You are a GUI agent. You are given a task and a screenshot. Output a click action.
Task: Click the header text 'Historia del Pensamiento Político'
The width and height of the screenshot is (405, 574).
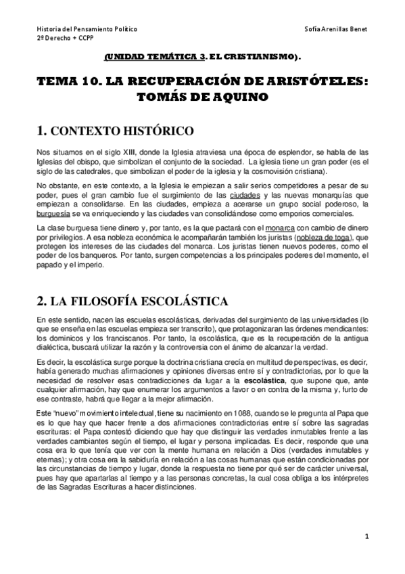(x=87, y=30)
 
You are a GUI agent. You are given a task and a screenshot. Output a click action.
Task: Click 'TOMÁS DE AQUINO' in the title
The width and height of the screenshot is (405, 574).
(x=202, y=97)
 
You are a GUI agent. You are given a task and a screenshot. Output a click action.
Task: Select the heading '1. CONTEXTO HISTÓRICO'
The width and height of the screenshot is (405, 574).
(x=116, y=129)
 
